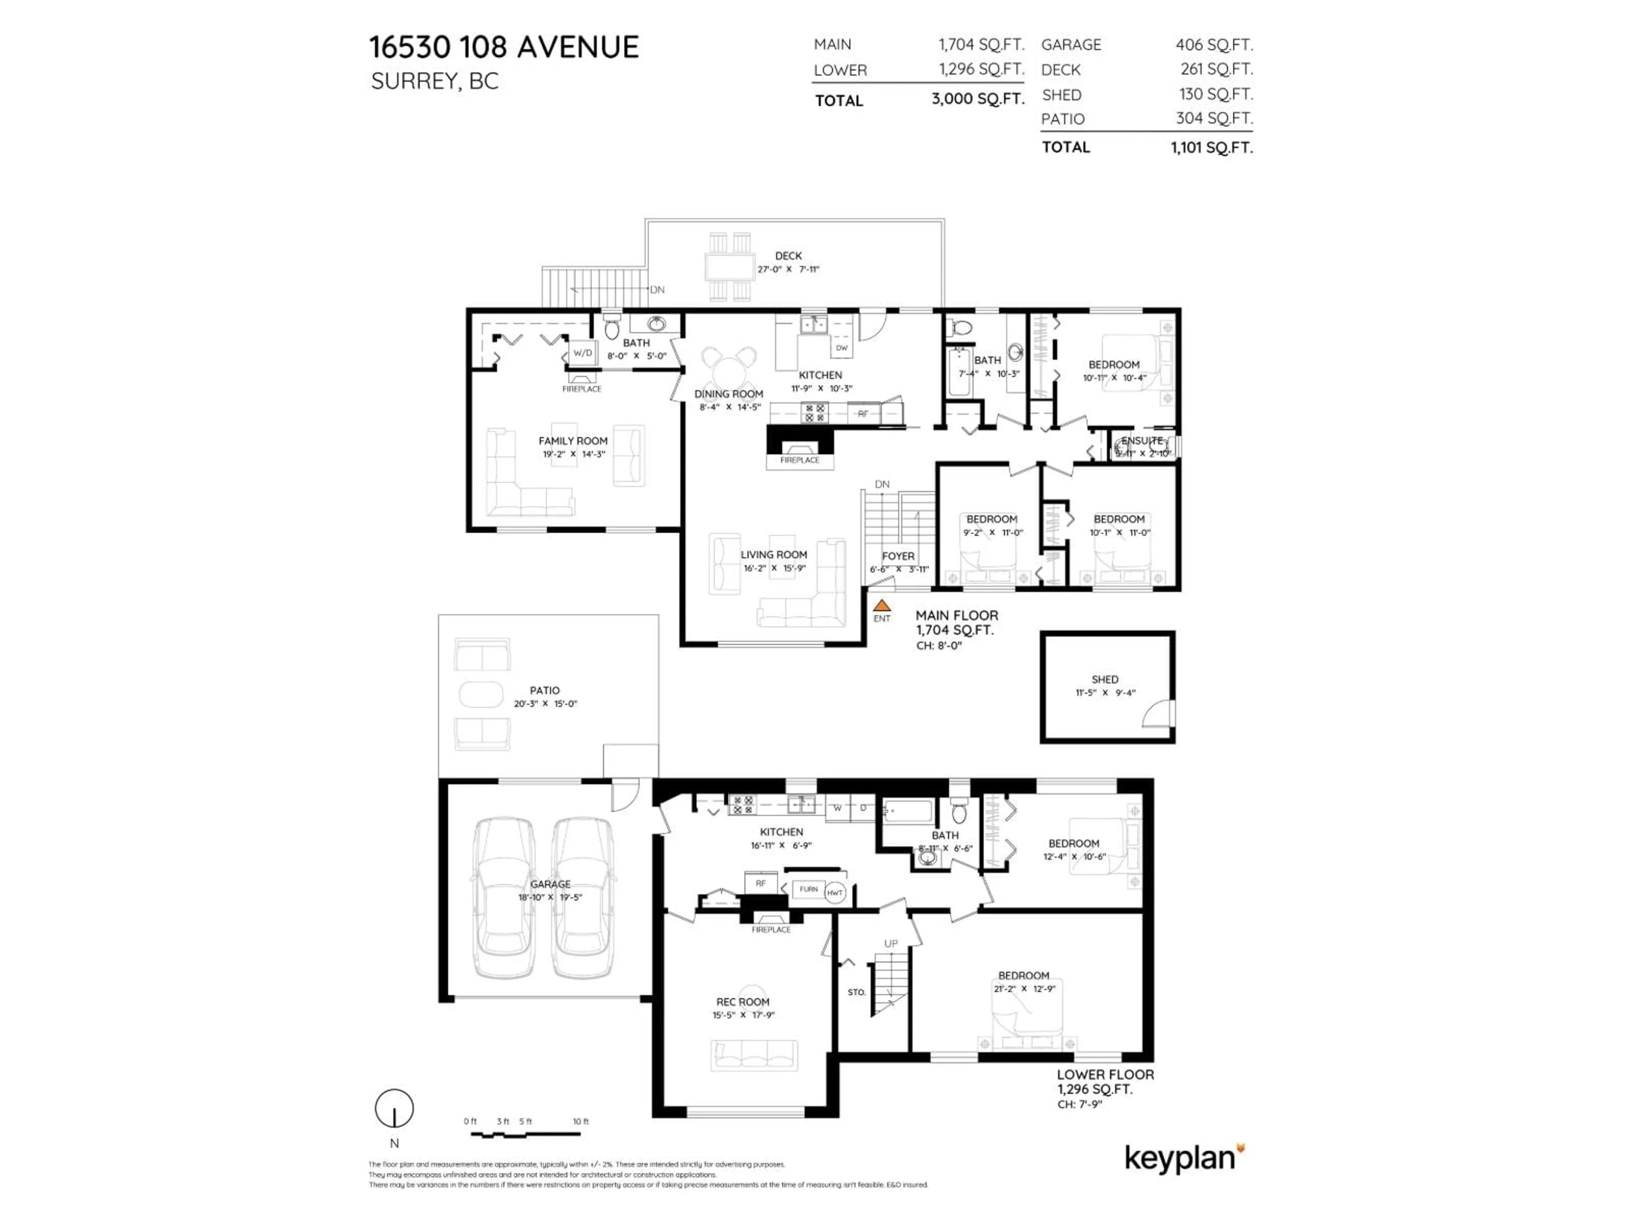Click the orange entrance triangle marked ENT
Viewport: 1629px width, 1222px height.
(882, 605)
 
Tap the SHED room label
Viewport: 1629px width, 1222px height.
(1105, 679)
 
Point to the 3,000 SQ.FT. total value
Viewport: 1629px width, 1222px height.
(978, 99)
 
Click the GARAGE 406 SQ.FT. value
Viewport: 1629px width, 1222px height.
(1214, 45)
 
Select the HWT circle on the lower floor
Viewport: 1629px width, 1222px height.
(834, 893)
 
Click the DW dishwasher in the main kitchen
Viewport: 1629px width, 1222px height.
(841, 348)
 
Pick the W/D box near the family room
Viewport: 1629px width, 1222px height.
(582, 353)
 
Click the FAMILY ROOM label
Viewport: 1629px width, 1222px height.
(573, 440)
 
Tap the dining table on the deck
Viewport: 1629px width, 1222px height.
(730, 266)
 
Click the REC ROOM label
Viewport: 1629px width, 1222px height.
(742, 1002)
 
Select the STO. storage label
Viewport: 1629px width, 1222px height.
(856, 992)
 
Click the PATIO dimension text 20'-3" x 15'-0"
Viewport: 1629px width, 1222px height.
(545, 703)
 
